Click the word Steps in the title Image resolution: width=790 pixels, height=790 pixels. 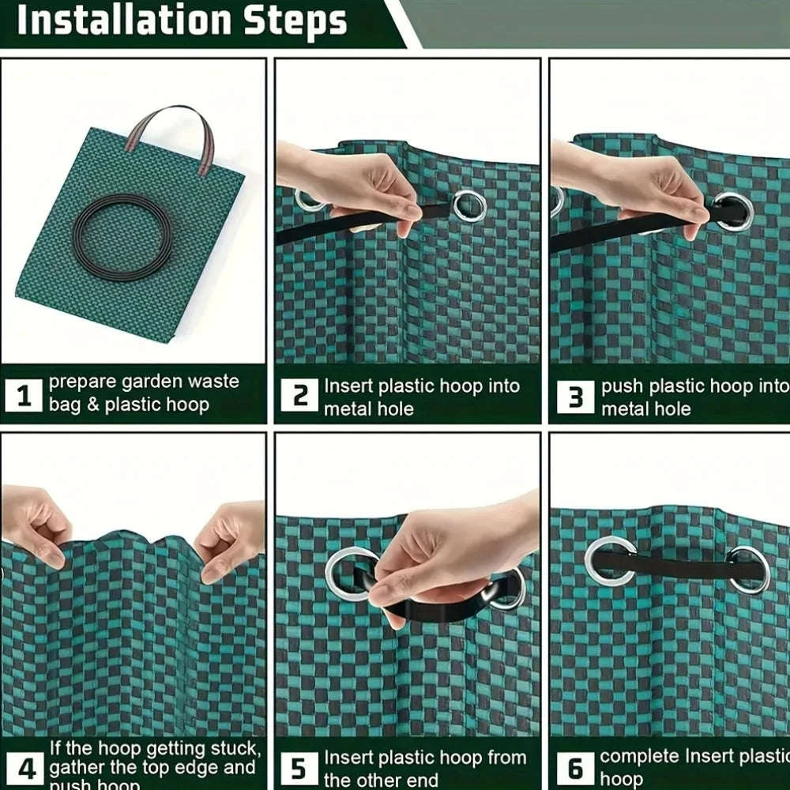click(292, 21)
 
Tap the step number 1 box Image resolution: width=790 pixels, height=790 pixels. click(24, 395)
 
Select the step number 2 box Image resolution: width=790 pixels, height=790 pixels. click(300, 395)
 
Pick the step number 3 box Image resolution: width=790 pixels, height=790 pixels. click(574, 397)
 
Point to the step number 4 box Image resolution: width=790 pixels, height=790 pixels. click(24, 767)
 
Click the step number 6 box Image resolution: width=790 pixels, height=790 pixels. click(574, 768)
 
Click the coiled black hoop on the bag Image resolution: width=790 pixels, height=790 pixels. click(122, 237)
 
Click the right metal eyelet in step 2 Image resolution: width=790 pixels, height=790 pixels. click(469, 205)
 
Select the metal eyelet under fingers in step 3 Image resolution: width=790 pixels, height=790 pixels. click(732, 212)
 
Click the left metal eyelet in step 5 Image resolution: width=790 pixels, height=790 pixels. click(348, 572)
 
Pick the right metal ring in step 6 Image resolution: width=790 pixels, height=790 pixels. click(748, 569)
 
